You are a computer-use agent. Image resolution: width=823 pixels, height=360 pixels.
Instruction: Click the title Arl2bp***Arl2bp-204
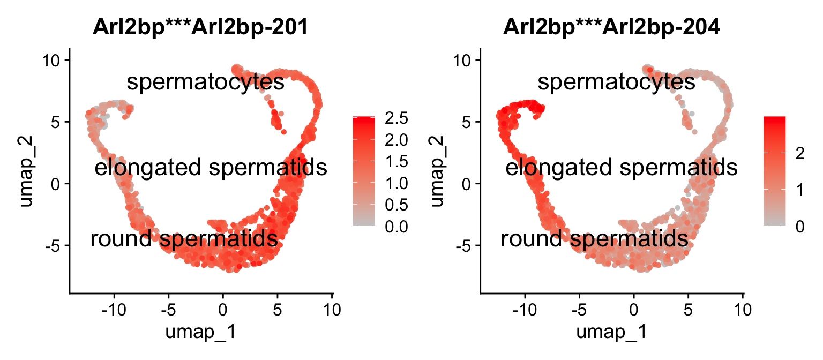tap(611, 27)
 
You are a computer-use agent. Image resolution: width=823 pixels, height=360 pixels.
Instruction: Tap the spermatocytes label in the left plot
tap(205, 82)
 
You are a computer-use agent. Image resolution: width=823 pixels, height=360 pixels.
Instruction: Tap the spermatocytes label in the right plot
tap(616, 82)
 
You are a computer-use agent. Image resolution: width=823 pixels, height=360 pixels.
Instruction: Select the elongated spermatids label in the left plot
tap(211, 168)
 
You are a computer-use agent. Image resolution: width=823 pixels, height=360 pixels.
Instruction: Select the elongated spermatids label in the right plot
tap(622, 168)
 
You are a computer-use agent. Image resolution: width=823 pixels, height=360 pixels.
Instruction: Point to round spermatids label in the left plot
tap(184, 239)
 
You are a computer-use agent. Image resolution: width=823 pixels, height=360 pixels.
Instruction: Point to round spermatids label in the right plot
tap(594, 239)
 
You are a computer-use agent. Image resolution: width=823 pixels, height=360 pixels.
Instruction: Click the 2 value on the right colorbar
tap(799, 154)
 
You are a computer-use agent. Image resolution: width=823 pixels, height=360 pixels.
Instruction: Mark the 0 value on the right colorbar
tap(799, 227)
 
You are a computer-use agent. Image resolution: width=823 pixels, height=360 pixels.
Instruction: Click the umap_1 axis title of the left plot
tap(200, 332)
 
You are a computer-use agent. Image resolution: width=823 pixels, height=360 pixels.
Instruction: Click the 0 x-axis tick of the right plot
tap(634, 310)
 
